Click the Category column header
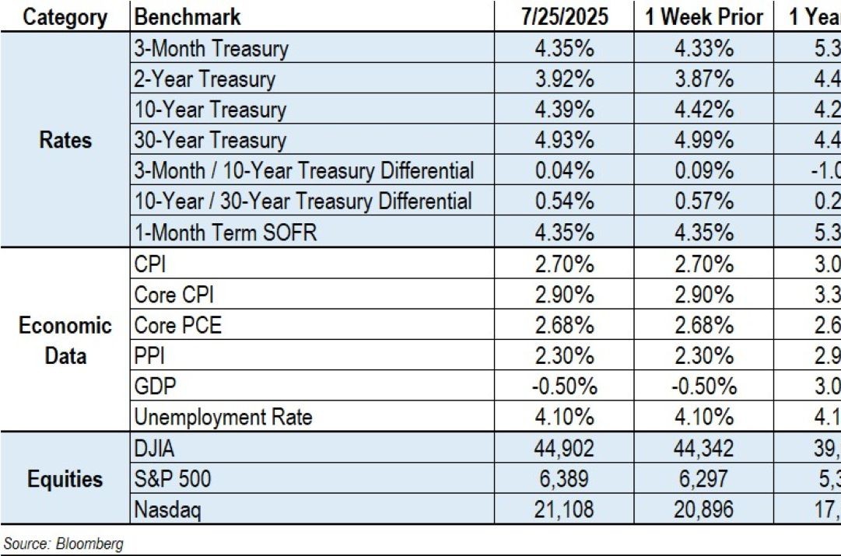pyautogui.click(x=65, y=17)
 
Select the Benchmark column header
pyautogui.click(x=187, y=17)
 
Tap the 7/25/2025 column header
pyautogui.click(x=564, y=17)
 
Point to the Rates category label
pyautogui.click(x=65, y=141)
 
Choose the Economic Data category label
pyautogui.click(x=65, y=341)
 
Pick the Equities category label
pyautogui.click(x=65, y=479)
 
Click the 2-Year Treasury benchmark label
pyautogui.click(x=205, y=79)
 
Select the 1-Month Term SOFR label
pyautogui.click(x=226, y=233)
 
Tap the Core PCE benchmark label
pyautogui.click(x=178, y=325)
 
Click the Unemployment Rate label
pyautogui.click(x=223, y=418)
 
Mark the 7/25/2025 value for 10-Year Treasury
pyautogui.click(x=564, y=110)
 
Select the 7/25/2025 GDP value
pyautogui.click(x=564, y=386)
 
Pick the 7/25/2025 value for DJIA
pyautogui.click(x=564, y=449)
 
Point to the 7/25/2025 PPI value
pyautogui.click(x=564, y=356)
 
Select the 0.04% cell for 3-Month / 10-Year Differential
pyautogui.click(x=564, y=171)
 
